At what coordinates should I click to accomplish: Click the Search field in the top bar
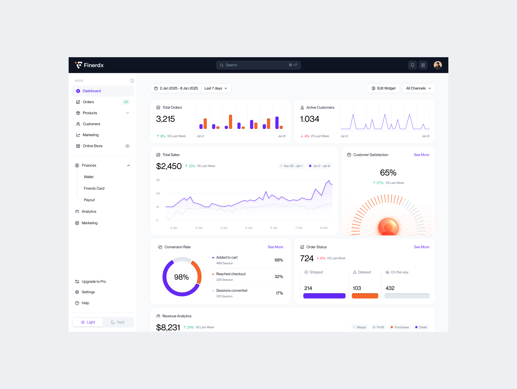[x=258, y=65]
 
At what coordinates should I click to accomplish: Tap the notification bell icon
[x=412, y=65]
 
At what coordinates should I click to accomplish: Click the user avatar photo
[x=438, y=65]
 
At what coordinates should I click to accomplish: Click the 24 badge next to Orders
[x=126, y=102]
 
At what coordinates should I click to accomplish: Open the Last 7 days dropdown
[x=216, y=88]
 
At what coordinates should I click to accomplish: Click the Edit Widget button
[x=383, y=88]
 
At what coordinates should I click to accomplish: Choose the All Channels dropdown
[x=419, y=88]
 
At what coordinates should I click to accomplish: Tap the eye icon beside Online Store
[x=128, y=146]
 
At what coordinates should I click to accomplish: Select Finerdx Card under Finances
[x=94, y=188]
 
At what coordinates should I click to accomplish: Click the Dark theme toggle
[x=118, y=322]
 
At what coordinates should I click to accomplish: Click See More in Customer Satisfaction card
[x=421, y=155]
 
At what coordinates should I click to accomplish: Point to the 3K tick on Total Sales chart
[x=158, y=180]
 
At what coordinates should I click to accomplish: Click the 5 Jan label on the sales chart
[x=249, y=228]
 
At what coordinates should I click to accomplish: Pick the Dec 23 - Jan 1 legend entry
[x=291, y=166]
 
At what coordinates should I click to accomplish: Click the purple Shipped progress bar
[x=324, y=296]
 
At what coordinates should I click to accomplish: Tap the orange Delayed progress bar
[x=365, y=296]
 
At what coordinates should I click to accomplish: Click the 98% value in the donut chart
[x=182, y=277]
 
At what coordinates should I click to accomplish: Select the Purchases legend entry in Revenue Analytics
[x=400, y=327]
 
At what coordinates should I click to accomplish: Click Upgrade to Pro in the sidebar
[x=91, y=282]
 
